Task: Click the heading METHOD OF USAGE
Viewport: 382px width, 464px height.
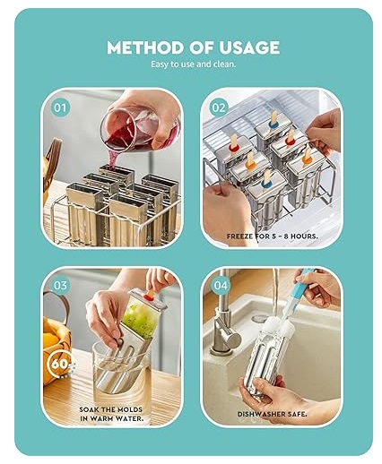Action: (193, 47)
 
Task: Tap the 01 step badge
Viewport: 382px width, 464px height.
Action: (61, 108)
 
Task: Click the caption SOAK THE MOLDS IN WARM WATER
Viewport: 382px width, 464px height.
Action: (112, 413)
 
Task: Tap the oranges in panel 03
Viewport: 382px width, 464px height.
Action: (54, 340)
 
